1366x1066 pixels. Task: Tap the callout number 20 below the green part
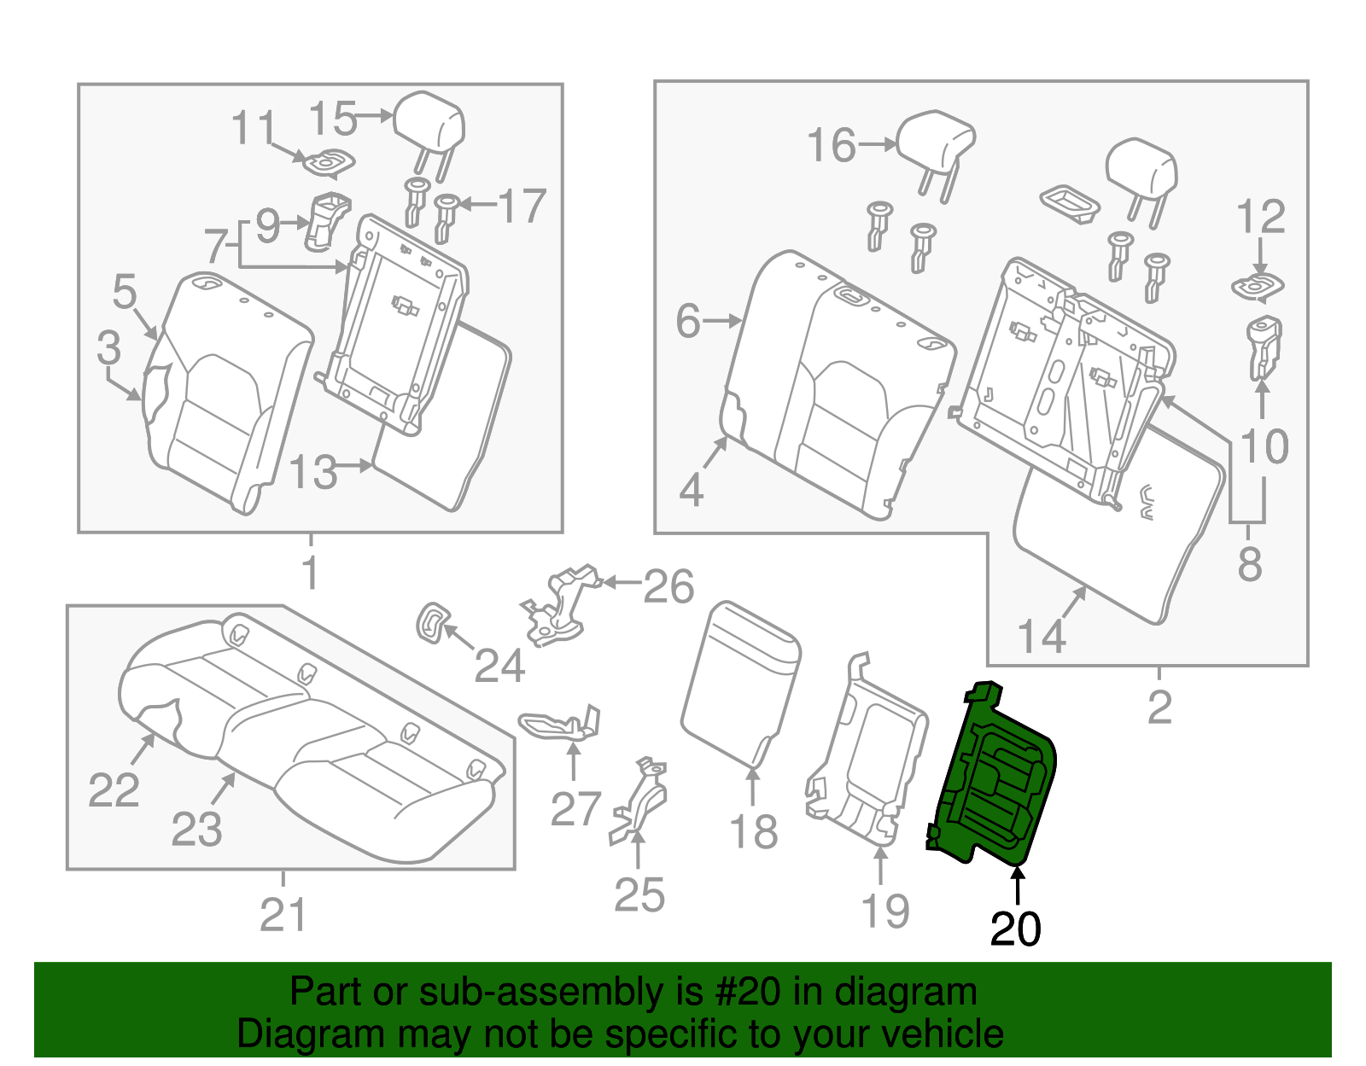(1015, 929)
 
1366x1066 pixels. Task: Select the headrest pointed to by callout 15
(429, 124)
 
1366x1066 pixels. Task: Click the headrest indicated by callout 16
(936, 141)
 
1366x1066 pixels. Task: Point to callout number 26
(668, 586)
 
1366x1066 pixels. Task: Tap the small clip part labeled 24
(432, 622)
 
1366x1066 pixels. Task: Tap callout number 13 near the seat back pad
(313, 472)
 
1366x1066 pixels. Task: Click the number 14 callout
(1042, 636)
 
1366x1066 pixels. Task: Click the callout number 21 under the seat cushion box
(283, 916)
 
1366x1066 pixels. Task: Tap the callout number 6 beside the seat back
(688, 322)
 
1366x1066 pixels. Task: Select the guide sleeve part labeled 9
(327, 222)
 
